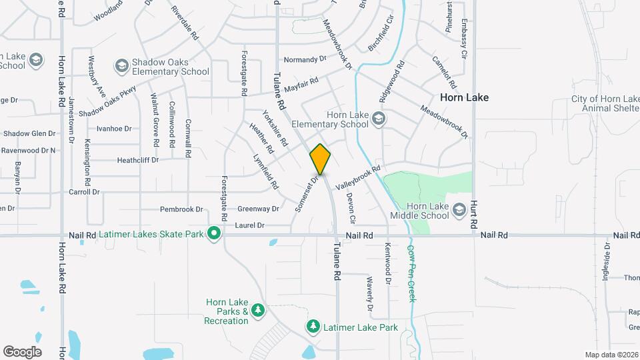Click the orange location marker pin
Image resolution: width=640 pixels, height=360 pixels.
(x=321, y=159)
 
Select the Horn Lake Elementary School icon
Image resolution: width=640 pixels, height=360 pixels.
(x=379, y=119)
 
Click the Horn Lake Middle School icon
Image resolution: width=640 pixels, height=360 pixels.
(x=459, y=210)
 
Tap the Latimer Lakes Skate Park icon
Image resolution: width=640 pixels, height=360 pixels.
(x=214, y=233)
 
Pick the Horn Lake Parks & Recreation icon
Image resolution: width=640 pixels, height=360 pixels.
(x=257, y=311)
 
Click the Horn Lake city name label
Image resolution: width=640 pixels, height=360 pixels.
(x=464, y=97)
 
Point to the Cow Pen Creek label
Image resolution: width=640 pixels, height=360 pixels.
(x=411, y=273)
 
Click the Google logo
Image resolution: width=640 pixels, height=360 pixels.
(x=22, y=351)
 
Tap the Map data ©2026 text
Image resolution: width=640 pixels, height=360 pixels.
(x=611, y=355)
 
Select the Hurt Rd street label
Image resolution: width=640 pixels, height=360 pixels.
(x=475, y=212)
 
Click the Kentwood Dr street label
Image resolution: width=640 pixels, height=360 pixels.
(x=387, y=263)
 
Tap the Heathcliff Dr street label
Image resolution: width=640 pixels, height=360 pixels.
(x=137, y=160)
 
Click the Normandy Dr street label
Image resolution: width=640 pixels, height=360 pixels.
(x=305, y=59)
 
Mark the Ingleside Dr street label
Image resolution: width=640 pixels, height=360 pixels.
(x=606, y=263)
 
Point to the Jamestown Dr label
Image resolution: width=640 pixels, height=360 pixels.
(x=71, y=114)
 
